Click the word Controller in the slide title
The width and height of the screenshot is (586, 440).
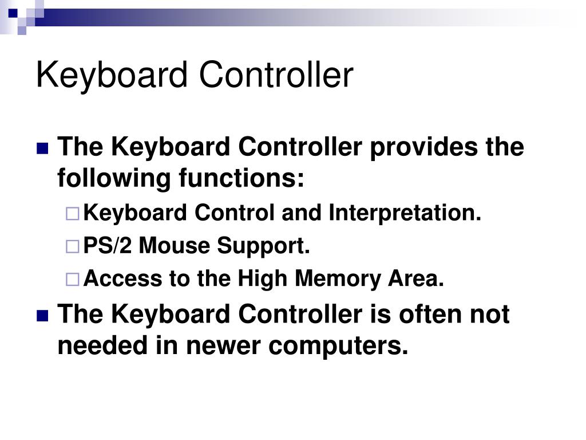click(276, 76)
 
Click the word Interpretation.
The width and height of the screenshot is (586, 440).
click(405, 214)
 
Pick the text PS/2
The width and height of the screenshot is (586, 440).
click(108, 246)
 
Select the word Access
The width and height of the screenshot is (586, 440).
click(123, 279)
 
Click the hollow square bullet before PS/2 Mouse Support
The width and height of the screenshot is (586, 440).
click(73, 247)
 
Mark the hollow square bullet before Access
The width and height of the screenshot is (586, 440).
click(73, 280)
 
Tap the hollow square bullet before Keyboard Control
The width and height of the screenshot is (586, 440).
click(73, 214)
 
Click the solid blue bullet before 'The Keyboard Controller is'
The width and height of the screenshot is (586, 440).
click(42, 315)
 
